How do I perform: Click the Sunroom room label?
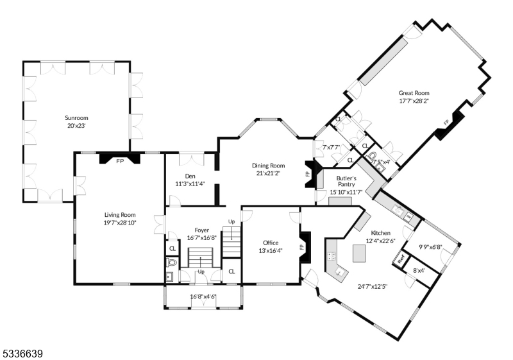point(76,118)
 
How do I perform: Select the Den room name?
point(190,176)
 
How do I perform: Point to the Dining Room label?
point(268,165)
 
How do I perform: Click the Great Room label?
point(414,92)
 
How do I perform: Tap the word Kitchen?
point(381,232)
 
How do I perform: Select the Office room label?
point(271,243)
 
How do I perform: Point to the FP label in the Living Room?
point(119,161)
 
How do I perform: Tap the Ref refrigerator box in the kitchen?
point(401,260)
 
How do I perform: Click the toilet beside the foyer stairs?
point(172,263)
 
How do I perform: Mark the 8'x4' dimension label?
point(418,271)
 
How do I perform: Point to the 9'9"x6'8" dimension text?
point(431,247)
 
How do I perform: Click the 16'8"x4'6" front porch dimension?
point(203,296)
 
